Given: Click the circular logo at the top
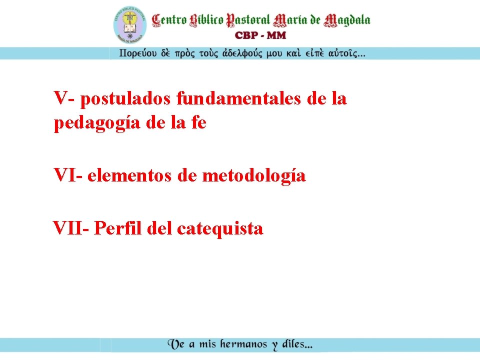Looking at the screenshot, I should tap(129, 24).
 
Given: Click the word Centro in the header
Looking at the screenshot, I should tap(169, 20).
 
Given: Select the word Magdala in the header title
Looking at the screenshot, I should tap(347, 20).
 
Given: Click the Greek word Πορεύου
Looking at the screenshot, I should tap(137, 53).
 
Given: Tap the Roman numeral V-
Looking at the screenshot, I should tap(65, 98).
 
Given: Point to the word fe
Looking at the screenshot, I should tap(197, 122).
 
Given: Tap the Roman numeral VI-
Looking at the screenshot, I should tap(68, 175).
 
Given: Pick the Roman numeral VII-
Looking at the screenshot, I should tap(71, 228).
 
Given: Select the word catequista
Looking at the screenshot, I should tap(220, 229).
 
